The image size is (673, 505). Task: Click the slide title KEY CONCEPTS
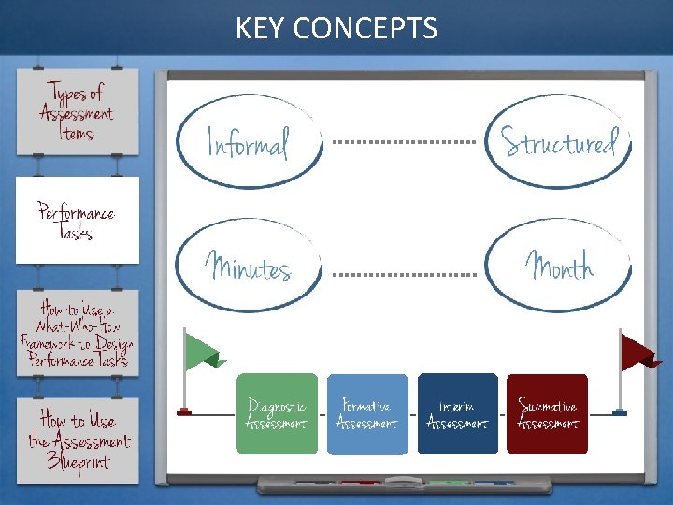(x=336, y=28)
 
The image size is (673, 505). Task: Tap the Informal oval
(x=247, y=142)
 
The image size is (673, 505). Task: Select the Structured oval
(x=559, y=142)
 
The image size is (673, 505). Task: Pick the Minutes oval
(x=249, y=266)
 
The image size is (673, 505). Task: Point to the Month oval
(x=559, y=266)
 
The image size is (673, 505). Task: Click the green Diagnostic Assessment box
(x=277, y=413)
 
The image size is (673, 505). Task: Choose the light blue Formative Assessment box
(x=367, y=413)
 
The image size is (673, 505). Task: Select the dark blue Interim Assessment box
(x=457, y=413)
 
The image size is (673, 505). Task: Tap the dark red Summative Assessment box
(x=547, y=413)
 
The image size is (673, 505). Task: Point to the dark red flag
(x=639, y=353)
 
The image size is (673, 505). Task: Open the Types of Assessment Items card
(x=78, y=113)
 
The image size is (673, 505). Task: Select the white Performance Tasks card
(x=78, y=220)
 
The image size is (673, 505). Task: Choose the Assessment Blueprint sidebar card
(x=78, y=440)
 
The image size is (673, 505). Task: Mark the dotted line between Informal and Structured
(x=404, y=142)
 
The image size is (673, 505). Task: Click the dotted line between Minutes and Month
(x=404, y=275)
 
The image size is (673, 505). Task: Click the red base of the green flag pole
(x=184, y=411)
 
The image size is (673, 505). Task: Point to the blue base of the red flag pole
(x=620, y=411)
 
